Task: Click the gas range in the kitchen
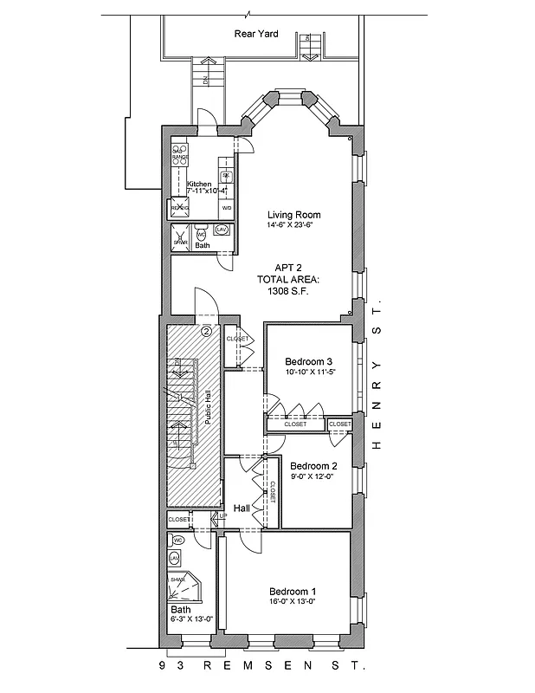180,155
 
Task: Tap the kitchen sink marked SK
226,175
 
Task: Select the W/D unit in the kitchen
226,209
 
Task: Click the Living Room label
294,215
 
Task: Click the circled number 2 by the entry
206,330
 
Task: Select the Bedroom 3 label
309,361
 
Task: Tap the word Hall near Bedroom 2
242,508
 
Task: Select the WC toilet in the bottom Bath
177,539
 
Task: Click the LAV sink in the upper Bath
221,230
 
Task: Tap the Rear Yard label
255,34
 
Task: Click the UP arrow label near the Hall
222,515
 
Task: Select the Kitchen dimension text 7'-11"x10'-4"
206,191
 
